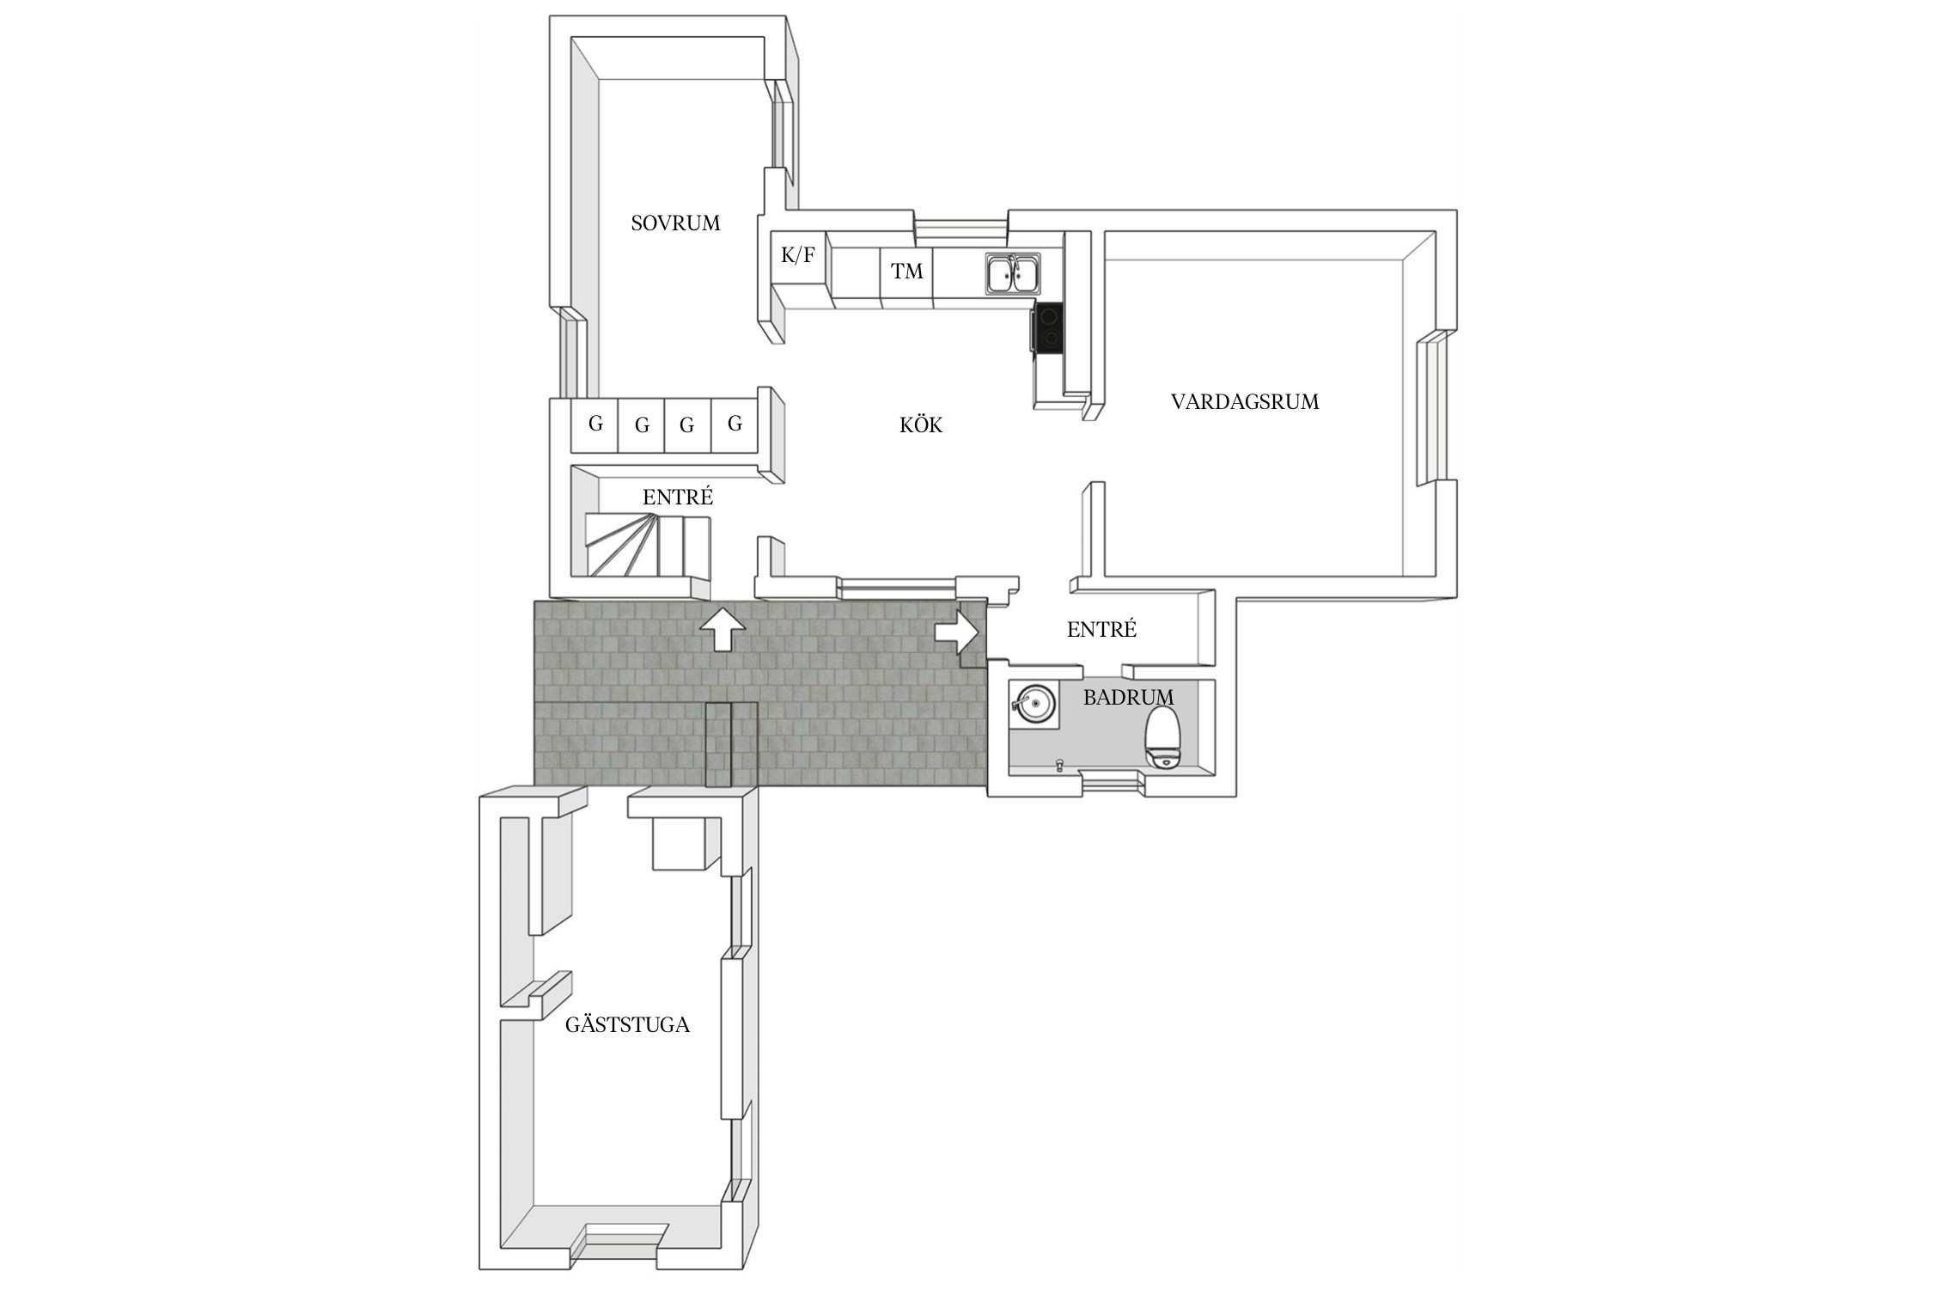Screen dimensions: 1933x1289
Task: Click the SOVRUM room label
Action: coord(675,223)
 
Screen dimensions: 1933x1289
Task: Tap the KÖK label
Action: coord(921,425)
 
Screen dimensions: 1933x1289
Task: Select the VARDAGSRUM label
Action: coord(1245,401)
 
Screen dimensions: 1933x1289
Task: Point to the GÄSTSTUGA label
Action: coord(627,1024)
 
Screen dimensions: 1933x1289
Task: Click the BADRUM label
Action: coord(1128,697)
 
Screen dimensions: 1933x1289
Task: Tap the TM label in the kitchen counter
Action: coord(907,272)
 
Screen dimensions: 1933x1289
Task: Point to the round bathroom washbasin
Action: coord(1034,704)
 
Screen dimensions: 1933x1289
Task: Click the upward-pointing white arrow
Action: coord(722,629)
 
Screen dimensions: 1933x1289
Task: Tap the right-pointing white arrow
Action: coord(956,632)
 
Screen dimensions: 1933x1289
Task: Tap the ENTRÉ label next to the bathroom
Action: coord(1101,630)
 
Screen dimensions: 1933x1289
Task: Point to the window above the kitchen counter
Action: coord(960,228)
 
